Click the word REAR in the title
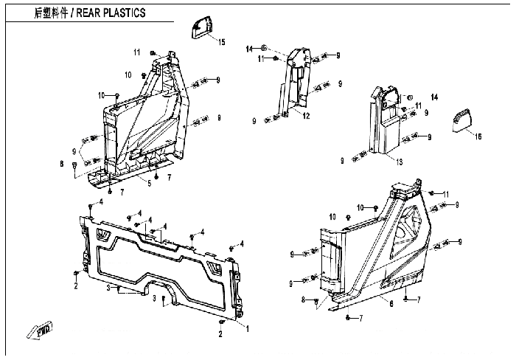[x=92, y=13]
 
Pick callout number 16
[x=478, y=136]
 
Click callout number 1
[x=247, y=328]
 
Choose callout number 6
[x=390, y=302]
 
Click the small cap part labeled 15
[x=201, y=28]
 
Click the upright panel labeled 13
[x=381, y=125]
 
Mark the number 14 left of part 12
[x=250, y=49]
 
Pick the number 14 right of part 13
[x=434, y=97]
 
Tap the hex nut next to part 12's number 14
[x=264, y=49]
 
